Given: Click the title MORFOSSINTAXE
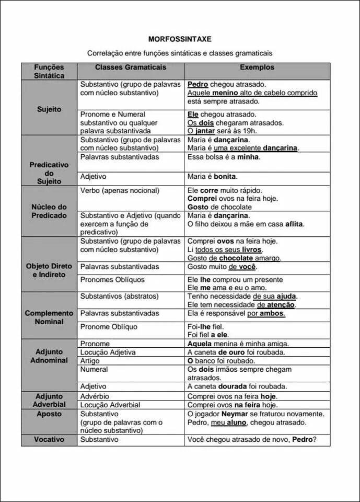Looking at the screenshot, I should tap(180, 39).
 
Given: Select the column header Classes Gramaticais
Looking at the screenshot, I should tap(131, 67).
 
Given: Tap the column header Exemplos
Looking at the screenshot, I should tap(257, 67).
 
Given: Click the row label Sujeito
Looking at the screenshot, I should tap(49, 109).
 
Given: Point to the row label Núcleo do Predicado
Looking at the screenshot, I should tap(49, 211).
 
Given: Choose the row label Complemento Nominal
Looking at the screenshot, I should tap(49, 317).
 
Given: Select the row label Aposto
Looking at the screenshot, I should tap(49, 414).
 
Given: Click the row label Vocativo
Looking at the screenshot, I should tap(49, 439).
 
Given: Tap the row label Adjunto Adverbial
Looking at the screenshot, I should tap(49, 400).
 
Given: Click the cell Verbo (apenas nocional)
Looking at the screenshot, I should tap(120, 190).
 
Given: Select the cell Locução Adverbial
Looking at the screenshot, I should tap(110, 405).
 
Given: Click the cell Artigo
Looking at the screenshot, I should tap(90, 361).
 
